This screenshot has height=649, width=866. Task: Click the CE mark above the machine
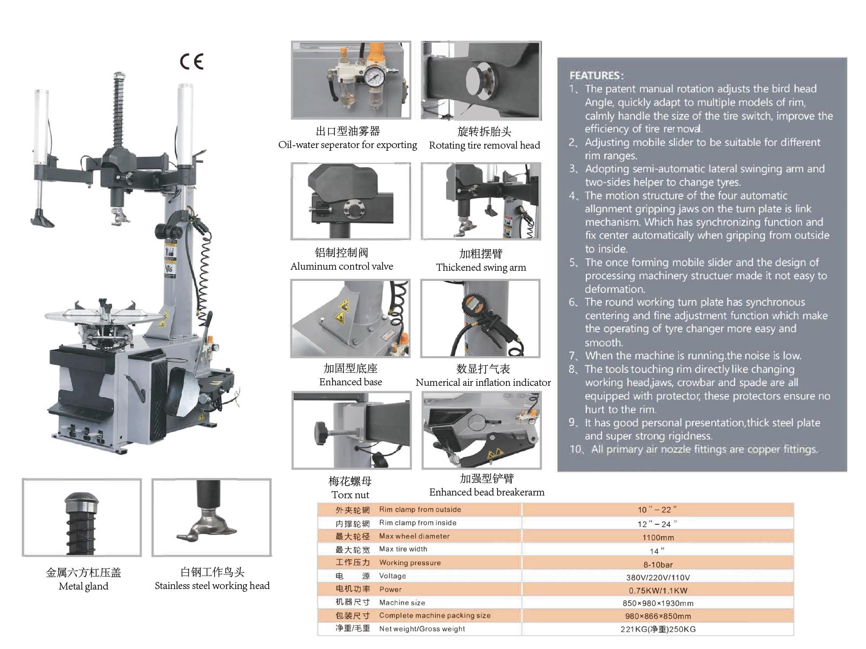click(192, 62)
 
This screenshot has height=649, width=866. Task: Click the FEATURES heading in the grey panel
click(596, 76)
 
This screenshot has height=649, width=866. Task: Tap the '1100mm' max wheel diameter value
click(658, 538)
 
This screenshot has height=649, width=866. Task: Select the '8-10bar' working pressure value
click(658, 565)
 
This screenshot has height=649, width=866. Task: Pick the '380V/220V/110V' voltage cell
click(658, 578)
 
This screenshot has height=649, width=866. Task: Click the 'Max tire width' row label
click(403, 549)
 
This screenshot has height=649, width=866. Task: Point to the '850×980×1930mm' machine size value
click(658, 603)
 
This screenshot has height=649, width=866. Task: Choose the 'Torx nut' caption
click(350, 495)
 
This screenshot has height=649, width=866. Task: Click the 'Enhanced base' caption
click(351, 382)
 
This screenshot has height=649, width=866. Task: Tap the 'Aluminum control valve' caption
click(341, 266)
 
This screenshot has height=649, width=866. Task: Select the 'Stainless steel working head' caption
click(212, 586)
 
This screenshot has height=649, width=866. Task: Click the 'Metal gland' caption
click(83, 586)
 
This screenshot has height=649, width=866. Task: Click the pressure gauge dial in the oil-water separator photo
click(374, 77)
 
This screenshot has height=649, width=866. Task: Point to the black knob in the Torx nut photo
click(320, 432)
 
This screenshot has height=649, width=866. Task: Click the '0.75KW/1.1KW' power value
click(658, 591)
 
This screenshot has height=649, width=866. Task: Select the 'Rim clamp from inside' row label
click(418, 523)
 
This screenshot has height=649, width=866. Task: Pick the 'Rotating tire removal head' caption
click(484, 145)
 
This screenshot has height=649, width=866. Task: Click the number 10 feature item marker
click(576, 450)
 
